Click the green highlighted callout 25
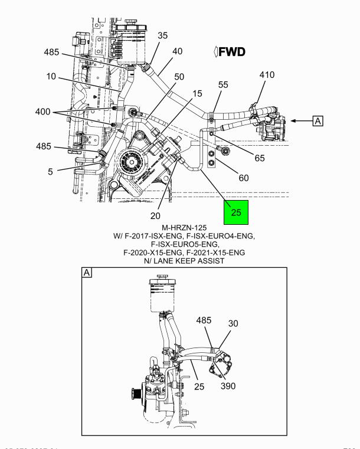coord(236,214)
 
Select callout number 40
coord(177,51)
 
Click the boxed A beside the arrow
coord(318,121)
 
